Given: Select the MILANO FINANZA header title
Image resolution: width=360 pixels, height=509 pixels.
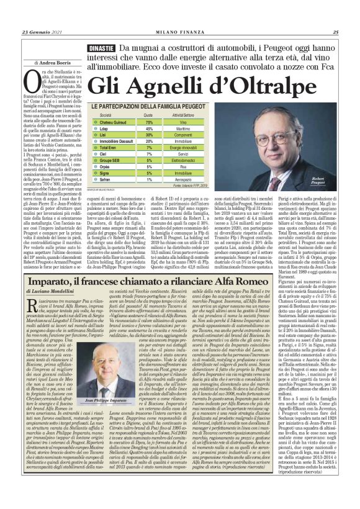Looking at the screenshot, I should (181, 33).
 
